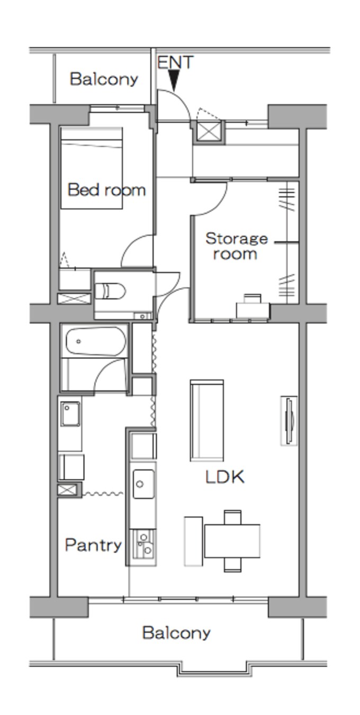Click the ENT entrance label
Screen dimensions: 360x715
tap(175, 62)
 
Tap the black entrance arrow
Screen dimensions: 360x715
tap(174, 80)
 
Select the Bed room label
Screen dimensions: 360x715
tap(107, 190)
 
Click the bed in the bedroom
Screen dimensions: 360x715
tap(92, 168)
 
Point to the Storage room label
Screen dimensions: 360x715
tap(236, 247)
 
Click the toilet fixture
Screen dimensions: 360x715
tap(111, 291)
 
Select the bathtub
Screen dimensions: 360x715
tap(96, 341)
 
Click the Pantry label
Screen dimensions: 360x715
tap(93, 545)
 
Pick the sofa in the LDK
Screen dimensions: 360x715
tap(206, 420)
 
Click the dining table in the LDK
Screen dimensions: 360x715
tap(232, 541)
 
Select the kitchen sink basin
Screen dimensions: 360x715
tap(143, 484)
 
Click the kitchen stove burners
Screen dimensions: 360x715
tap(144, 544)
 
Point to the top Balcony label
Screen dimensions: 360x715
tap(104, 79)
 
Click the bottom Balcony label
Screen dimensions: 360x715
tap(176, 632)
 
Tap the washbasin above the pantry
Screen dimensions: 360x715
tap(70, 414)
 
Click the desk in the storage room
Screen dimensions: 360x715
tap(253, 310)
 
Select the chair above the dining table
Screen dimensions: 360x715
tap(232, 517)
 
